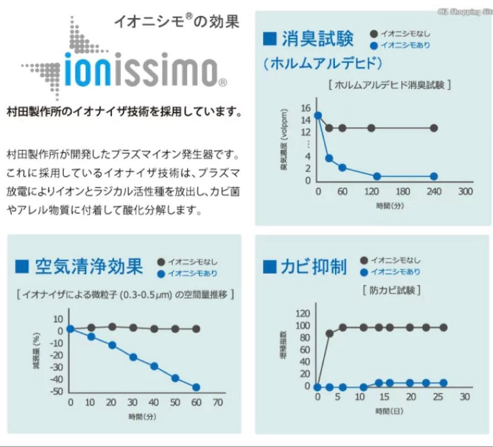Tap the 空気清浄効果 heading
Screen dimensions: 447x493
click(x=89, y=267)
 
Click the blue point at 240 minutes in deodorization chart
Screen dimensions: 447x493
click(x=434, y=177)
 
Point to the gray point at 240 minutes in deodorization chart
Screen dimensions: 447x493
click(x=434, y=128)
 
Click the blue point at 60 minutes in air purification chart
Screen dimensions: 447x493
click(x=196, y=387)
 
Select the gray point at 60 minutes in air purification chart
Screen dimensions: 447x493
click(x=196, y=329)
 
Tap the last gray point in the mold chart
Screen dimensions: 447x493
click(x=443, y=327)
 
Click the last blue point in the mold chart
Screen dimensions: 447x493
click(x=443, y=383)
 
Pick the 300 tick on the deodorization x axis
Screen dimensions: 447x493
click(x=465, y=192)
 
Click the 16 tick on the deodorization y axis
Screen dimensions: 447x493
click(x=305, y=108)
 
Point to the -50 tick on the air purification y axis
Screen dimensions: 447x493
click(x=58, y=391)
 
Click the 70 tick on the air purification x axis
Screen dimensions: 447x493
click(x=218, y=403)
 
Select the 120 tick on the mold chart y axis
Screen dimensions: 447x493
click(x=303, y=313)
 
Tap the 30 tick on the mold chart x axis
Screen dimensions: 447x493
click(x=464, y=397)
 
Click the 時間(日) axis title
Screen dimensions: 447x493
click(x=389, y=411)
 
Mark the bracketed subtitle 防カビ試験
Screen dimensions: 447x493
click(x=392, y=290)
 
